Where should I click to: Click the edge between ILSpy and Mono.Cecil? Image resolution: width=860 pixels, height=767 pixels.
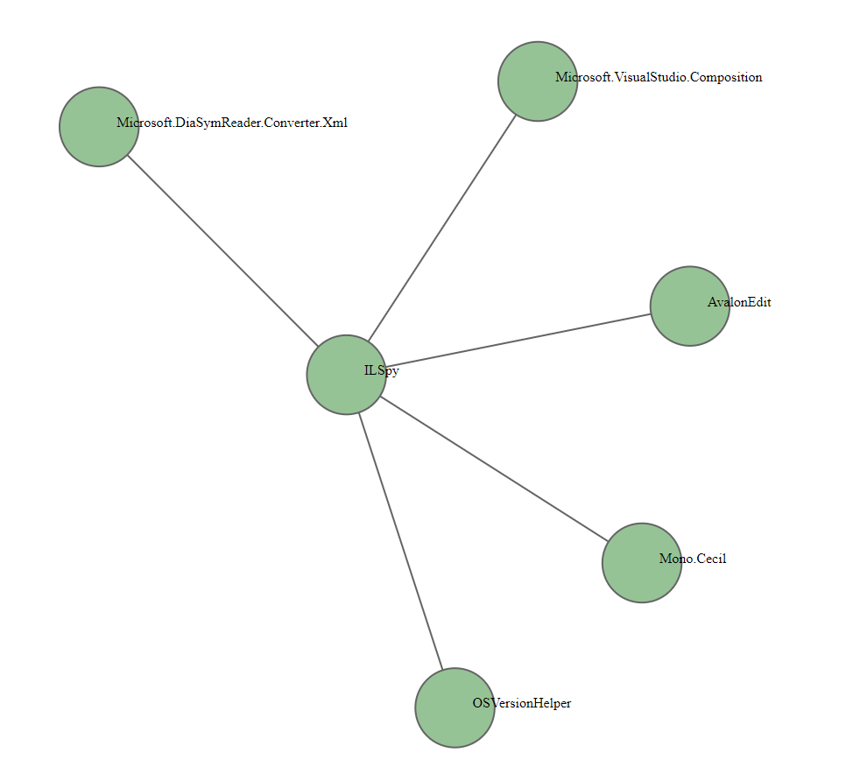[494, 469]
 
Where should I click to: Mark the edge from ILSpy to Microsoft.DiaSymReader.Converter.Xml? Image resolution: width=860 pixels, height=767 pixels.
[222, 250]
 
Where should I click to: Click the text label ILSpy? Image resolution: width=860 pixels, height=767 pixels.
[382, 371]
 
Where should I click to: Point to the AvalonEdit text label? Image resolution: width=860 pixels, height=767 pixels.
[739, 303]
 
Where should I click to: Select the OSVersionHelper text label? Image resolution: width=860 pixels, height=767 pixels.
[522, 703]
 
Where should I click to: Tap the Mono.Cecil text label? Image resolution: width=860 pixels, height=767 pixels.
[693, 559]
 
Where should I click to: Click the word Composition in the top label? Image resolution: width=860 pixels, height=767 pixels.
[727, 78]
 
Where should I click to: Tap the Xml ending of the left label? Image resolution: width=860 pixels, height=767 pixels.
[336, 123]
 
